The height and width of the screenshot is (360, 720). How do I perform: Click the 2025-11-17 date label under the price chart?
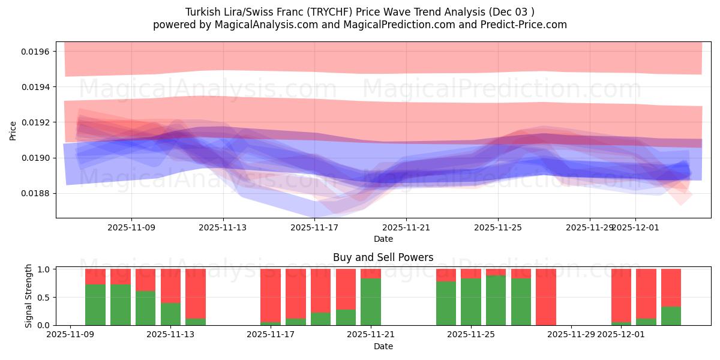pos(314,228)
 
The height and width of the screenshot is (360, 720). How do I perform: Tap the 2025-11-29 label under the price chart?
pos(590,228)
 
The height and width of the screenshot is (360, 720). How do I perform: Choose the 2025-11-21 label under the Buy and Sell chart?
pos(371,335)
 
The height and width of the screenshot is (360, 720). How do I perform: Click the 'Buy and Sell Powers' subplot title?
pos(383,257)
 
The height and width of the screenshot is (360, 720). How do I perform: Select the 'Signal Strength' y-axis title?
pos(29,296)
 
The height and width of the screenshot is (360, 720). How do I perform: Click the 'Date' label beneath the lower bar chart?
pos(383,346)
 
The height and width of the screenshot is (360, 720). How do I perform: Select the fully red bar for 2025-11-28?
pos(546,297)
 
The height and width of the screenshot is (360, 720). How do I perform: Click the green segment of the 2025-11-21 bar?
pos(371,302)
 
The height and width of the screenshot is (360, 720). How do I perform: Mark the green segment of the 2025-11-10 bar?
pos(95,305)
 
